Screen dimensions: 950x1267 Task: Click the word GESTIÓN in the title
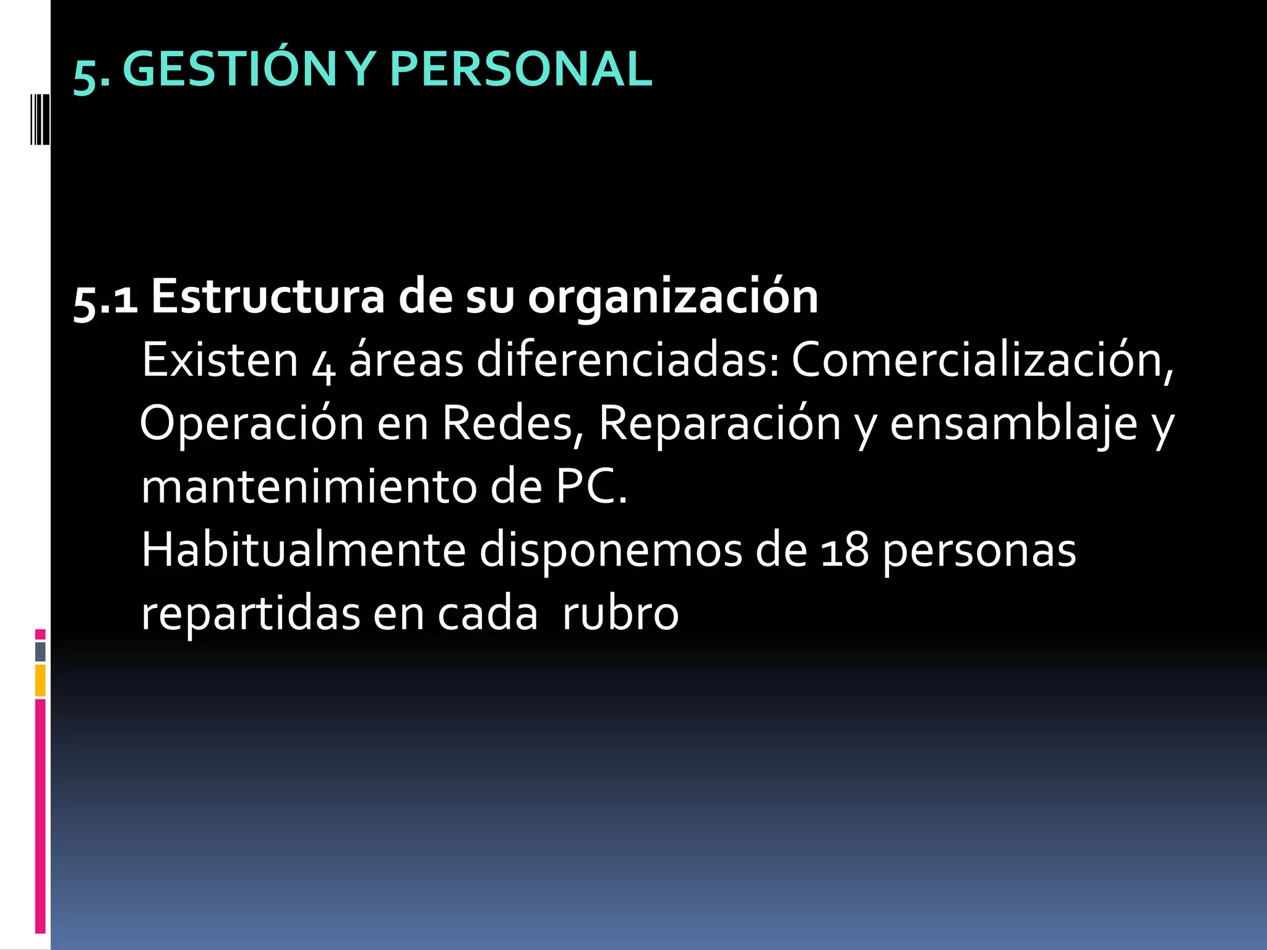point(229,69)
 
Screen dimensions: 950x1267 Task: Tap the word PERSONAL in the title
point(521,69)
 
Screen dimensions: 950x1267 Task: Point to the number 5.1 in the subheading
point(105,299)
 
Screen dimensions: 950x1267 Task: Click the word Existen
point(220,360)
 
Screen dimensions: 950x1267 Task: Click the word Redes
point(512,424)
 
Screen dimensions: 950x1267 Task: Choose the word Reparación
point(719,424)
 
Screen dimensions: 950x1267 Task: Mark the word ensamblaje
point(1013,424)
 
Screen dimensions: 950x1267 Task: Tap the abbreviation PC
point(591,487)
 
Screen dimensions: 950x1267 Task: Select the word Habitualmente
point(303,550)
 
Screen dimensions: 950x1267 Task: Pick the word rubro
point(620,614)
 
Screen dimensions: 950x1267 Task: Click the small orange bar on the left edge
point(40,680)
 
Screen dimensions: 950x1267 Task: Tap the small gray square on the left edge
point(40,651)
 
